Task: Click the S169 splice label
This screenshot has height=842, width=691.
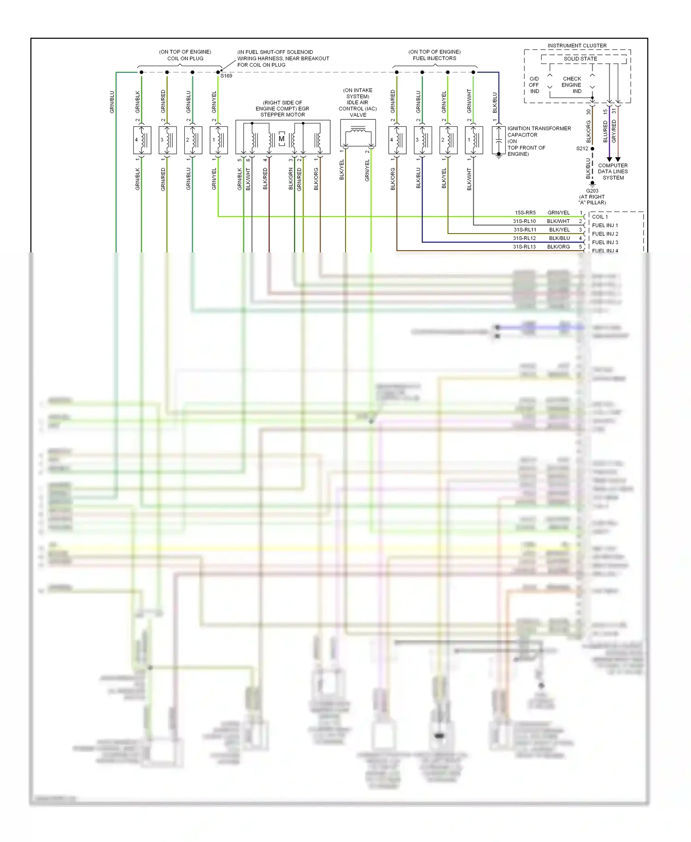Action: [x=226, y=76]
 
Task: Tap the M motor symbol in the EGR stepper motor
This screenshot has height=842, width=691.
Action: [x=281, y=139]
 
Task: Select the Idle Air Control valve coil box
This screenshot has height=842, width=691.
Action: [x=358, y=133]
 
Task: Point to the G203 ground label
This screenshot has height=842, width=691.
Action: [x=592, y=191]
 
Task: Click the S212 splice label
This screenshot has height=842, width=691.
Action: [x=582, y=149]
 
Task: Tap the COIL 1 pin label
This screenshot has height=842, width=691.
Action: [x=600, y=217]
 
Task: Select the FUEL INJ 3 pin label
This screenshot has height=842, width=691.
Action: [x=605, y=242]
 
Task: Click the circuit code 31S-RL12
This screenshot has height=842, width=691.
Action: [x=524, y=238]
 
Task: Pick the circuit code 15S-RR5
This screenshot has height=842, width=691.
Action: [x=525, y=213]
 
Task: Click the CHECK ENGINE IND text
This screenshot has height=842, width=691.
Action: [x=572, y=85]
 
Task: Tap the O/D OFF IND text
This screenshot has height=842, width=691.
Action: [x=534, y=85]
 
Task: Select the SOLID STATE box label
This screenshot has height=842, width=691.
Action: [x=580, y=59]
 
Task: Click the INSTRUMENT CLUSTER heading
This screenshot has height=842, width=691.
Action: [x=577, y=46]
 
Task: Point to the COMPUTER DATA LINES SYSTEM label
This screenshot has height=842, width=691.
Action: [x=613, y=171]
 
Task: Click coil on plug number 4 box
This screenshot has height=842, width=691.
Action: [x=142, y=140]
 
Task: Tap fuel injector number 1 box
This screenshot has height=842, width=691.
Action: [x=474, y=140]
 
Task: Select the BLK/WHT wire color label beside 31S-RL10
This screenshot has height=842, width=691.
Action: [x=558, y=222]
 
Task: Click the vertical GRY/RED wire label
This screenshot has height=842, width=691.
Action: [x=614, y=131]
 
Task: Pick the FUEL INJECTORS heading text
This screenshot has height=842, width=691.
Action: [x=434, y=58]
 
